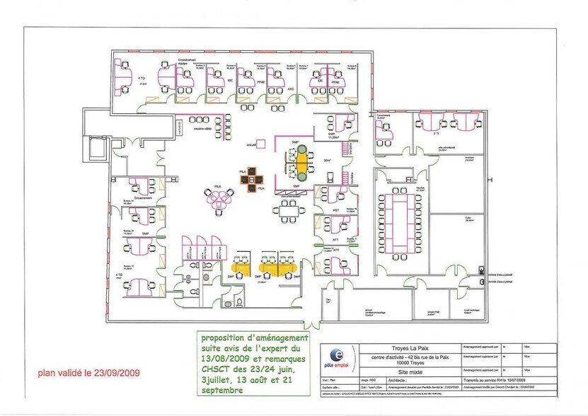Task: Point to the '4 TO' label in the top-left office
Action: point(142,77)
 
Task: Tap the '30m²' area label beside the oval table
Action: point(327,161)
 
